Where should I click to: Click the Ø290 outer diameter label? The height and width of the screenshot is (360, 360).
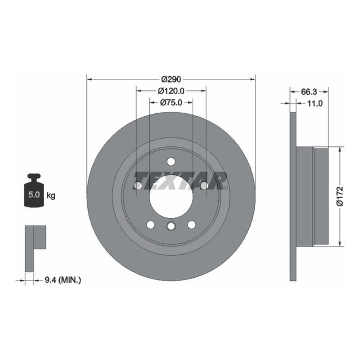pos(171,79)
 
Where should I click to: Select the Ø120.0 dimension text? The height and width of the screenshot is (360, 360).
pos(171,90)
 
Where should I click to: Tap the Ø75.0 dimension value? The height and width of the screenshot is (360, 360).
pos(171,102)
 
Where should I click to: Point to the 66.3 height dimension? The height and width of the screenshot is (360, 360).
pos(309,91)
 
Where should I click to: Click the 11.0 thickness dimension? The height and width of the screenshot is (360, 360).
pos(315,103)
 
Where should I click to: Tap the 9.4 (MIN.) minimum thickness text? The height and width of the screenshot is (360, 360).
pos(63,280)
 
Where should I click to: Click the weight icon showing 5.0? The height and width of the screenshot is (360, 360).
pos(34,191)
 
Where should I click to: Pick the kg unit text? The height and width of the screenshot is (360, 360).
pos(51,196)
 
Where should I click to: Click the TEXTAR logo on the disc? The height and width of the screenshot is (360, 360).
pos(180,180)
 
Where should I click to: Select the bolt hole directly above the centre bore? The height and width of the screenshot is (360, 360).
pos(171,162)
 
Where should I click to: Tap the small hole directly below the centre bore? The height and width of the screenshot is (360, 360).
pos(171,226)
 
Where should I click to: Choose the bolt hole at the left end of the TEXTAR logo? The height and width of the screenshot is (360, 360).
pos(138,185)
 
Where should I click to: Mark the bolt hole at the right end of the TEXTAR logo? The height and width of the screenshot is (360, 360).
pos(204,185)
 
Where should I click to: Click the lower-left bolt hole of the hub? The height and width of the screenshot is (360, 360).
pos(151,224)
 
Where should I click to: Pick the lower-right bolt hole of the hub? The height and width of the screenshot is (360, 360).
pos(191,224)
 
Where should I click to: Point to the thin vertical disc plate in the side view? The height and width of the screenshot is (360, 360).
pos(293,196)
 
